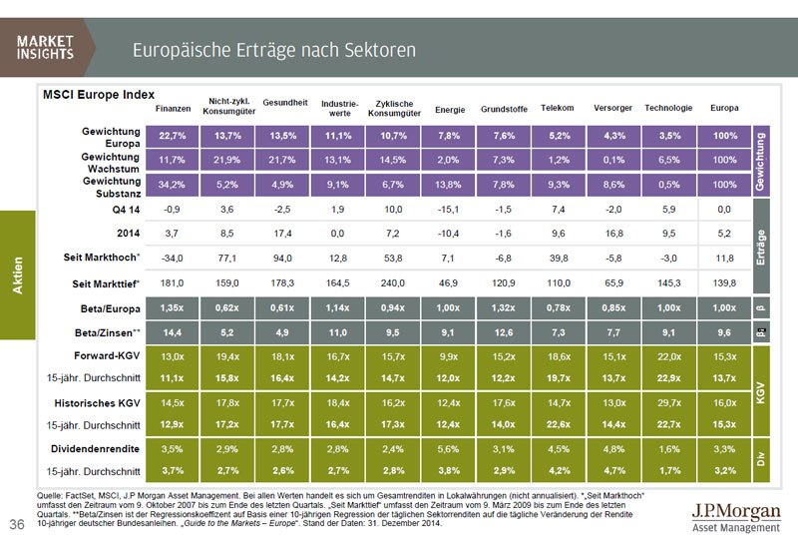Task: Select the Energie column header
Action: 450,109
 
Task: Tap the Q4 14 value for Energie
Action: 449,211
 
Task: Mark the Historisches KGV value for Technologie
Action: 668,403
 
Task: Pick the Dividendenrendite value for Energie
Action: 449,449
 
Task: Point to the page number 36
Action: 17,525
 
